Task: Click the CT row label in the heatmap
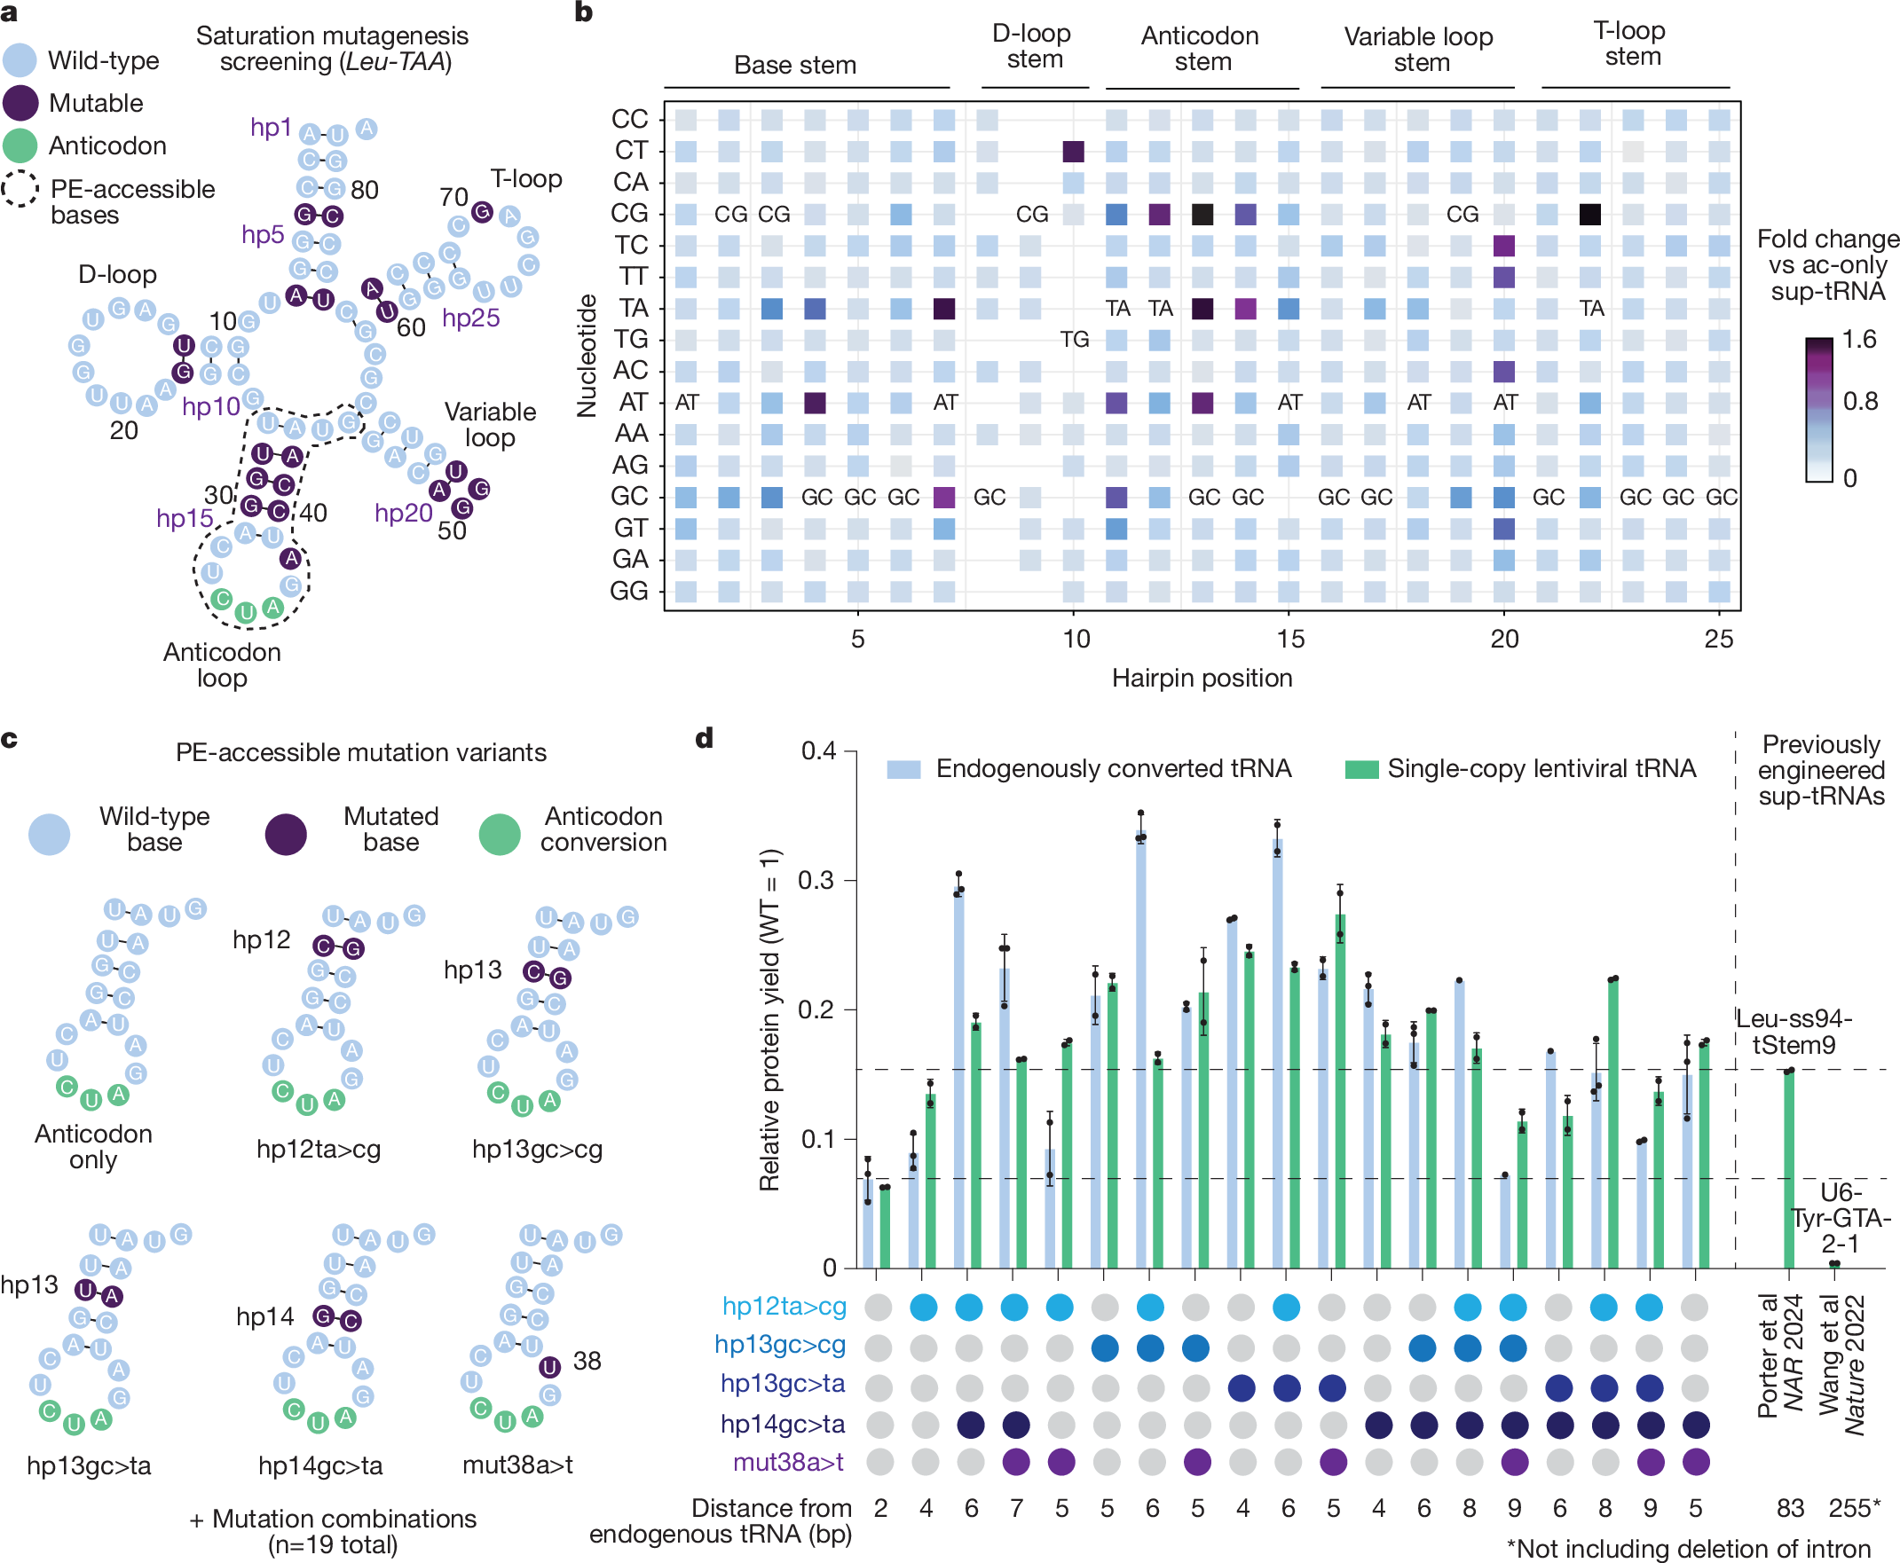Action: coord(630,151)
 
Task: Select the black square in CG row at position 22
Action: coord(1590,215)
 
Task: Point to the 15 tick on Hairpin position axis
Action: coord(1289,640)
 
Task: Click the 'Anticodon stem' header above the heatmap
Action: coord(1201,49)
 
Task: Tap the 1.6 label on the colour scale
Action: coord(1858,340)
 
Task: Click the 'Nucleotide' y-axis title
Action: coord(587,355)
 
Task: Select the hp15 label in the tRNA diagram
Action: coord(185,519)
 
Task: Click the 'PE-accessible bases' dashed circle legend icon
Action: coord(20,189)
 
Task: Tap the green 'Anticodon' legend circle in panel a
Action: coord(20,145)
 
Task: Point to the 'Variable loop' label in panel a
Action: coord(490,425)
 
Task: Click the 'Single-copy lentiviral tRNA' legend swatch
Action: coord(1360,770)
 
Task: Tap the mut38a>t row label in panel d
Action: coord(788,1462)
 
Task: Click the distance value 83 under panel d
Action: coord(1790,1509)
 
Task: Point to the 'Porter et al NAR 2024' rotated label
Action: coord(1780,1356)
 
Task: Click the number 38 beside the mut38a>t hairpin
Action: coord(587,1362)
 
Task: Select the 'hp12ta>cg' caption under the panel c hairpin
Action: coord(319,1150)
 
